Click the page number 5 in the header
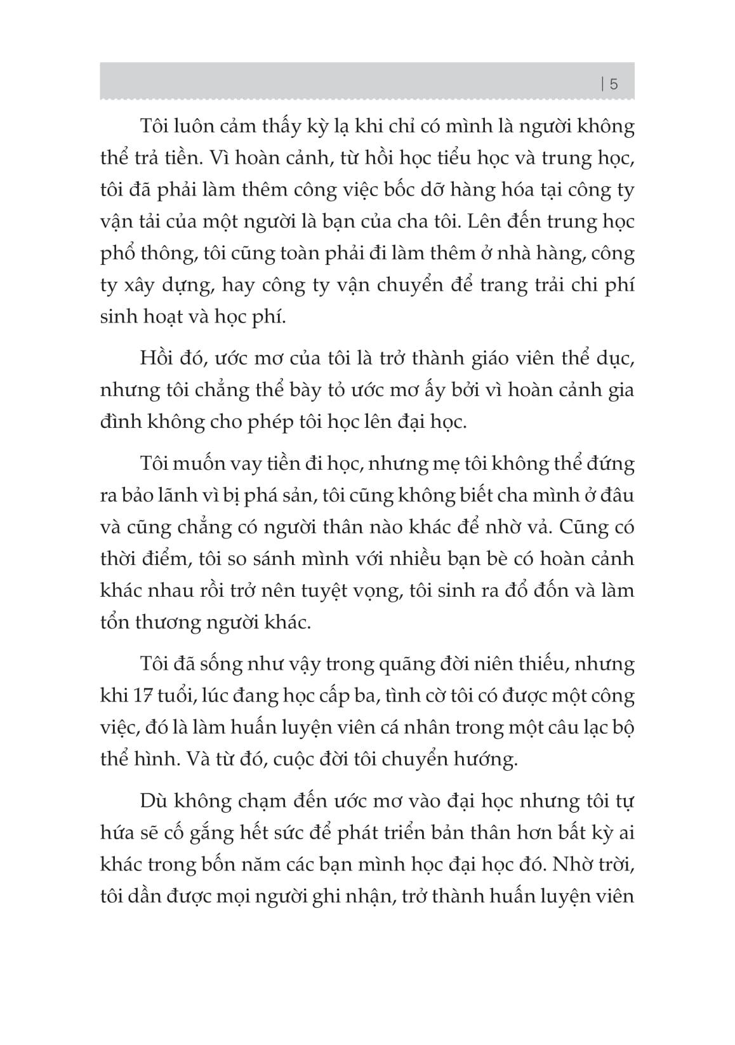tap(613, 84)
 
